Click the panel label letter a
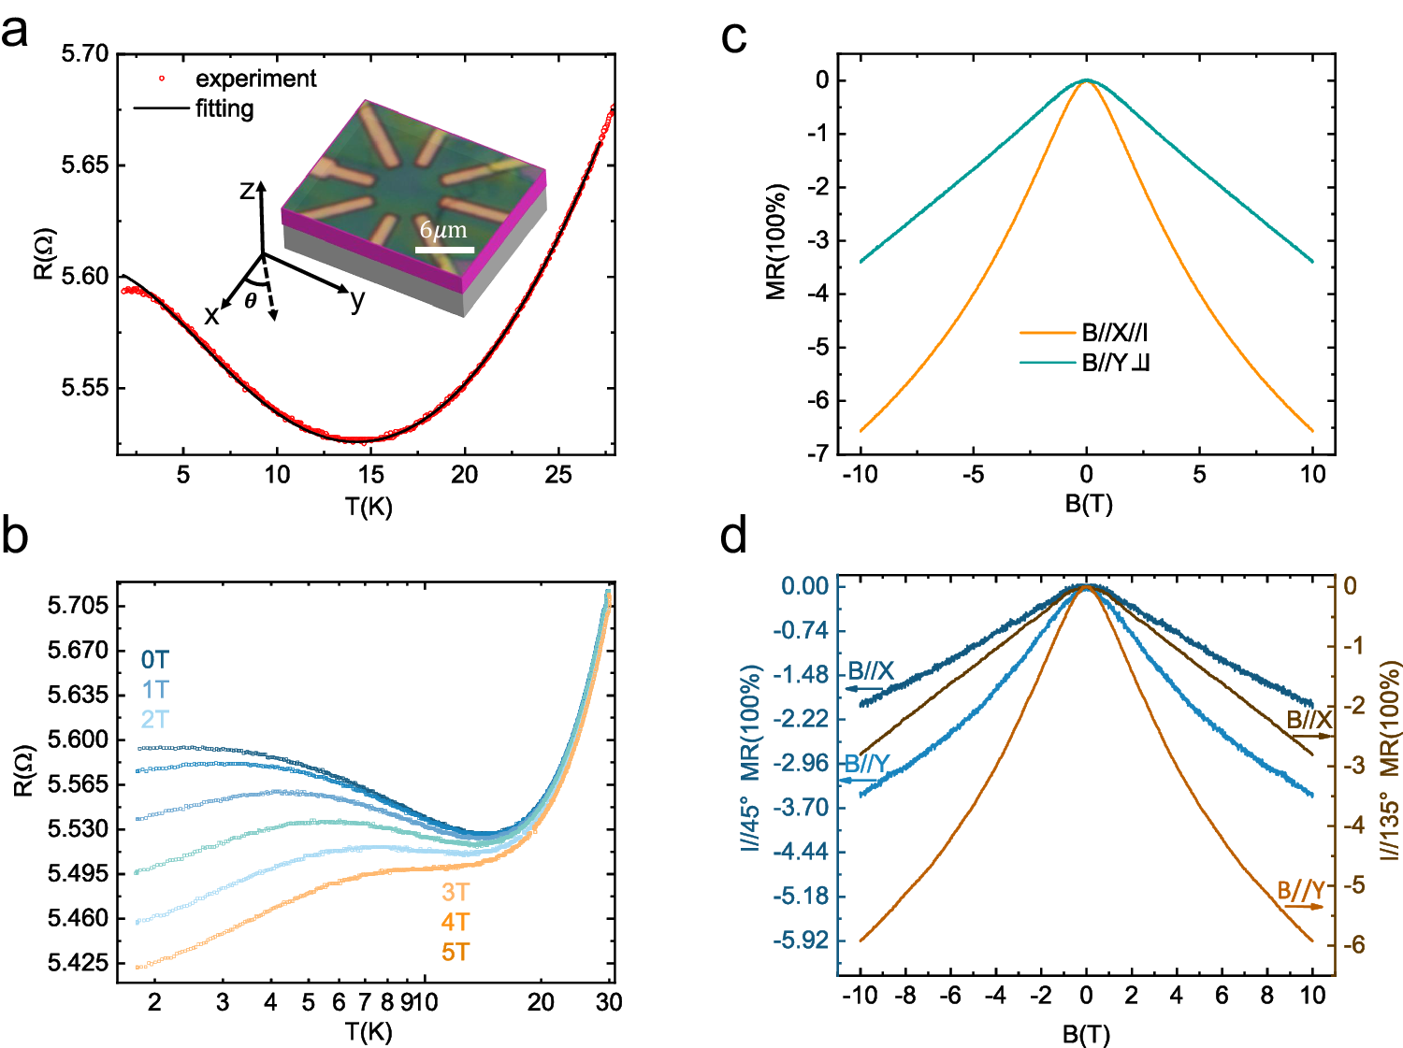click(x=15, y=33)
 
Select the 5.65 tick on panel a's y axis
click(x=84, y=165)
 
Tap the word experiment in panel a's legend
click(x=255, y=79)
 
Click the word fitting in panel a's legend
click(x=224, y=108)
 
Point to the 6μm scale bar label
click(x=443, y=230)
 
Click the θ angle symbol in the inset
click(x=251, y=301)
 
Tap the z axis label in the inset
click(x=247, y=191)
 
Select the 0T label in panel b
click(x=155, y=660)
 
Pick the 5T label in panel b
click(x=456, y=952)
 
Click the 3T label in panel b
click(x=456, y=892)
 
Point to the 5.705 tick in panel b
click(x=78, y=606)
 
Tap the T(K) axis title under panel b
click(x=369, y=1032)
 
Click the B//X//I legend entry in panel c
click(x=1114, y=332)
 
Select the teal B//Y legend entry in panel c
click(x=1115, y=363)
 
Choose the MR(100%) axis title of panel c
click(x=776, y=242)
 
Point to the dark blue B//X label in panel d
click(x=870, y=671)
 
